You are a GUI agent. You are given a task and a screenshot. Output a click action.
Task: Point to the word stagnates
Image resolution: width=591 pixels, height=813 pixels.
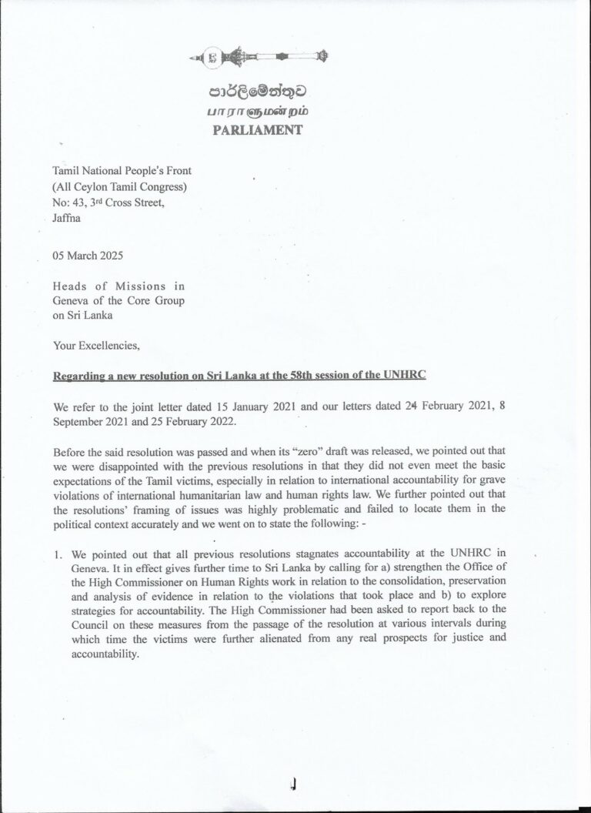point(288,554)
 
